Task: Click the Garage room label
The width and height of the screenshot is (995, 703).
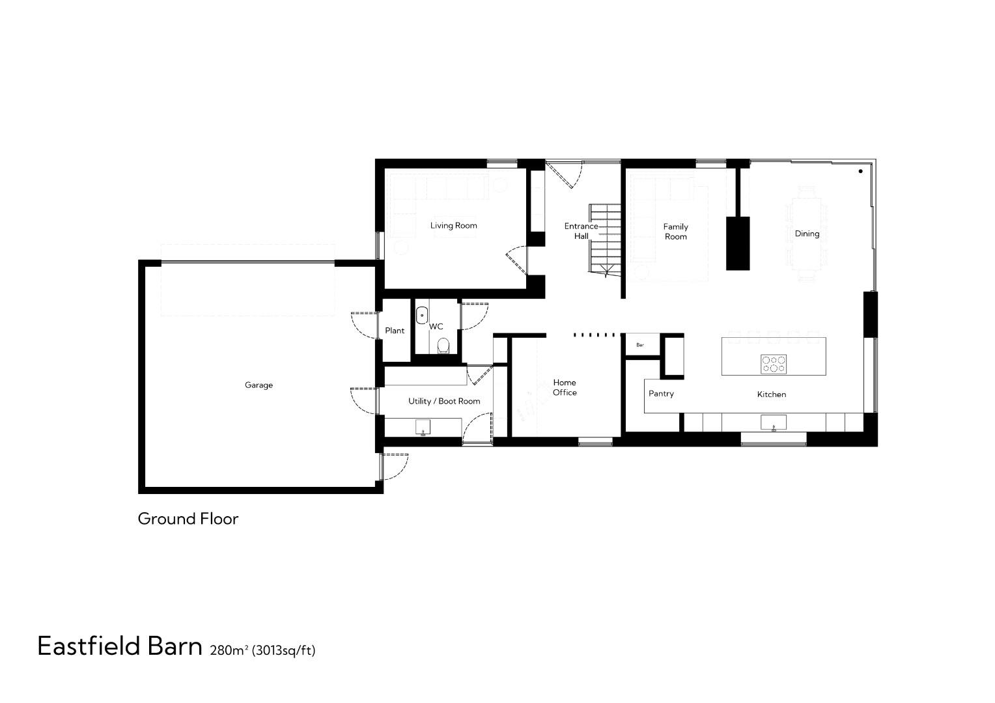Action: [259, 385]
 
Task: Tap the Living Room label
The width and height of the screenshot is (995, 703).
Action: [453, 226]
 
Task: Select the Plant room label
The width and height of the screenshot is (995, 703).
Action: [395, 331]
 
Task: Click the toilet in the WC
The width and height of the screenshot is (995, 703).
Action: [443, 344]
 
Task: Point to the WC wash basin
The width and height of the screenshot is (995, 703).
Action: [422, 315]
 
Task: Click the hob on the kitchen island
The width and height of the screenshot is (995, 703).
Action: [774, 364]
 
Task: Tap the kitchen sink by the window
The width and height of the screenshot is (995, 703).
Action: [774, 422]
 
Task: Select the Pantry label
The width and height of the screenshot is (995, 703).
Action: [661, 394]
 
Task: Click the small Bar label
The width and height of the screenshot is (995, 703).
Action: [640, 345]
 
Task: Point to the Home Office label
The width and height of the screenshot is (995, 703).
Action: [565, 387]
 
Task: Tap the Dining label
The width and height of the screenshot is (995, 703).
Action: [807, 234]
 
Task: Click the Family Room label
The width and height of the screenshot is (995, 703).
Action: [675, 232]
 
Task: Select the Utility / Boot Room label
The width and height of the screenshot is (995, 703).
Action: [444, 401]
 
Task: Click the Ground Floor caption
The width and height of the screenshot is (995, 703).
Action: [188, 519]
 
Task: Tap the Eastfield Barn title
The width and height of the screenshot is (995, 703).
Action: [120, 646]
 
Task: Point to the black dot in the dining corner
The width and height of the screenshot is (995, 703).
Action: [860, 171]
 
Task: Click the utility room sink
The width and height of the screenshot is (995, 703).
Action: [423, 427]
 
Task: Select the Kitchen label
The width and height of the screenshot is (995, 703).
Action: [771, 394]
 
